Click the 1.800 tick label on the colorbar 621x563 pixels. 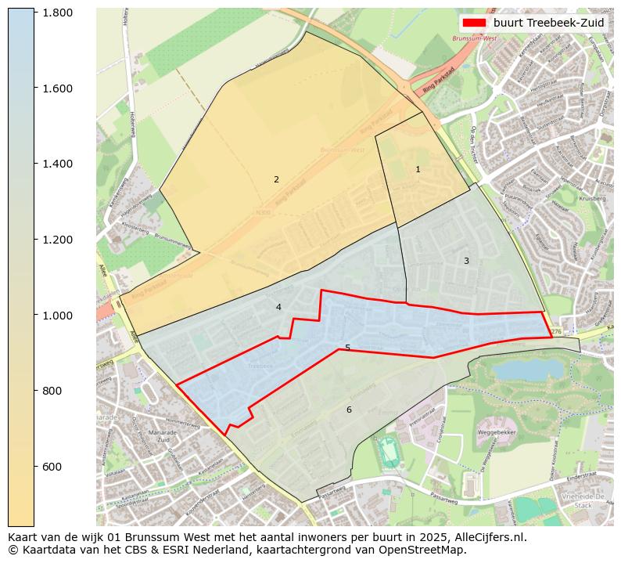pos(59,13)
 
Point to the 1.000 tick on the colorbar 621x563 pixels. pos(59,316)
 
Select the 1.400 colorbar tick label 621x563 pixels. pos(59,164)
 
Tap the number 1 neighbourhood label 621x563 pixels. pos(418,169)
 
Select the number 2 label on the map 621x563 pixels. pos(276,180)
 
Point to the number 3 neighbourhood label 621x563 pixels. pos(466,261)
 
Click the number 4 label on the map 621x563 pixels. pos(278,308)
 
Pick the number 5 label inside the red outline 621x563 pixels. pos(347,348)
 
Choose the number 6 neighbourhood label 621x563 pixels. pos(349,410)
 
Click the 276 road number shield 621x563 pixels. pos(556,332)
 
